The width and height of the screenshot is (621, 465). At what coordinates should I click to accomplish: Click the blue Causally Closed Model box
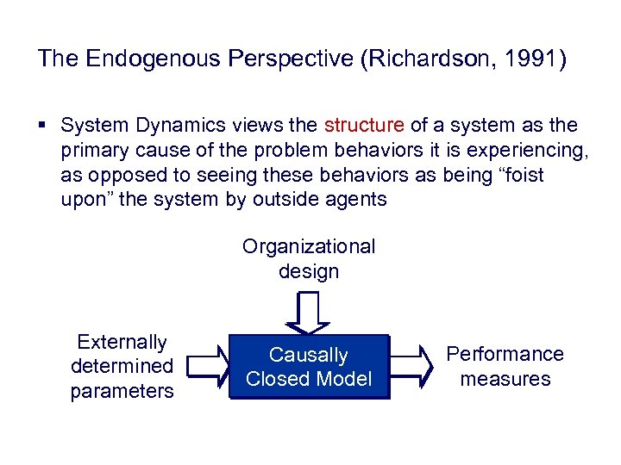pos(309,367)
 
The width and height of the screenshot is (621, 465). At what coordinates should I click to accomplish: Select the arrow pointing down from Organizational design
pos(308,313)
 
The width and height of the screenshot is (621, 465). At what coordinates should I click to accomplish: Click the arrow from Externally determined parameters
pos(208,366)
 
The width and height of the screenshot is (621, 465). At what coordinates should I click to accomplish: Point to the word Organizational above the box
pos(309,247)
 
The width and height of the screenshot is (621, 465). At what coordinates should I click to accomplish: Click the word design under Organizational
pos(309,271)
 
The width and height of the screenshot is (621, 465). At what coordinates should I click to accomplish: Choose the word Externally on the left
pos(122,342)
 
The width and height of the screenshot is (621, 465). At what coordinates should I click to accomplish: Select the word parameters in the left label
pos(122,391)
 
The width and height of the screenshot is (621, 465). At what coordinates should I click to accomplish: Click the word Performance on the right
pos(505,354)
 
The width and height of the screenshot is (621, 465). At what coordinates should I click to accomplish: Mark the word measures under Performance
pos(505,379)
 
